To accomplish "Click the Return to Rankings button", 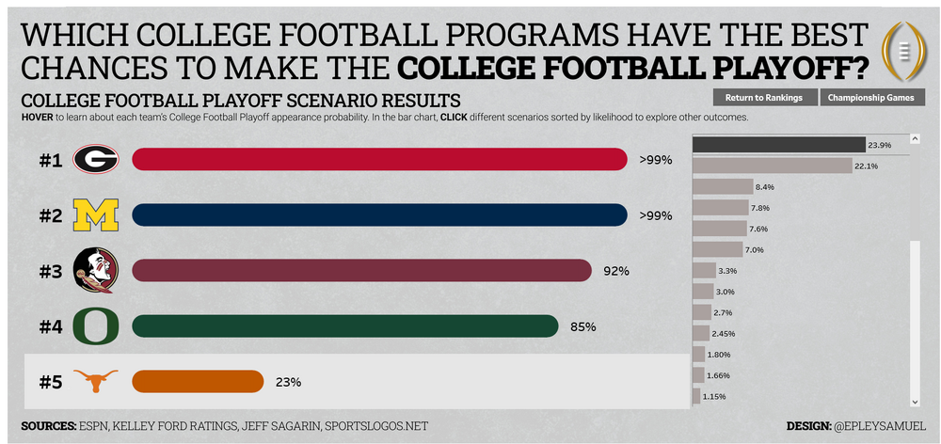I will pos(764,97).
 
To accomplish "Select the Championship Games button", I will pos(872,97).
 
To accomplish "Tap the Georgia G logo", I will pos(95,160).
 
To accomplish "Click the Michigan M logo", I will pos(95,216).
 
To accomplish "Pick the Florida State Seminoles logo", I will pos(95,271).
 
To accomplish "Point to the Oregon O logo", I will pos(95,326).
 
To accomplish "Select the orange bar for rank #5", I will pos(197,381).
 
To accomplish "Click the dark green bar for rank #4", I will pos(344,326).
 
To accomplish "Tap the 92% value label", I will pos(615,271).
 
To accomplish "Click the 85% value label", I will pos(582,326).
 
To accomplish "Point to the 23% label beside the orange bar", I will pos(288,382).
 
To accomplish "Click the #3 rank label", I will pos(51,271).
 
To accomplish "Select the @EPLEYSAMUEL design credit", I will pos(879,426).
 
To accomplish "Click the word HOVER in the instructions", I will pos(36,117).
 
